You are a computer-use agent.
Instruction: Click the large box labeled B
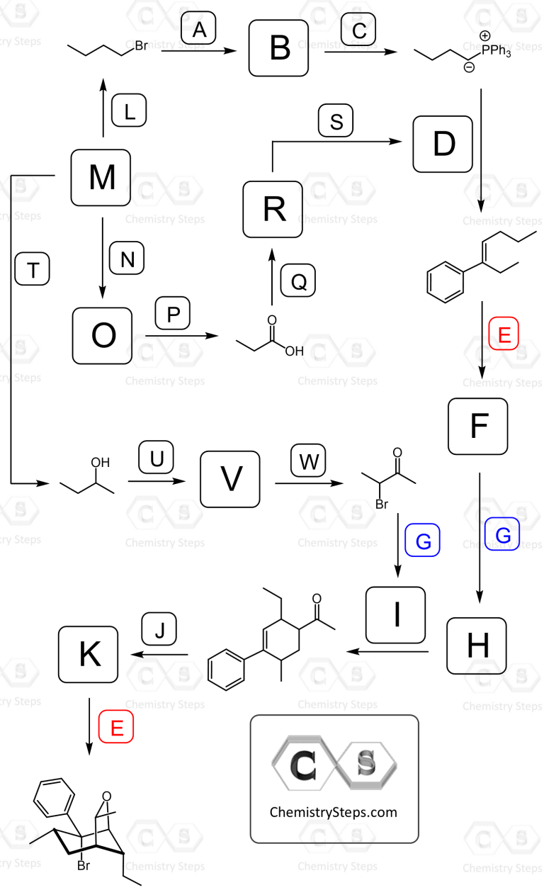279,48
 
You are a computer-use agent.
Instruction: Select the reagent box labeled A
198,28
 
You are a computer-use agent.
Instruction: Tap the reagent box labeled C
358,29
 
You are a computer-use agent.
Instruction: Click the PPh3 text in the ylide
496,51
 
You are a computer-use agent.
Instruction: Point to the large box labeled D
443,145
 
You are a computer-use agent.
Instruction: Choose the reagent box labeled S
336,120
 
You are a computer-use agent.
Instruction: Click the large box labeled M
101,178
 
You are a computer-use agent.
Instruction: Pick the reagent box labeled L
129,111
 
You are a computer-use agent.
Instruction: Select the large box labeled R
273,209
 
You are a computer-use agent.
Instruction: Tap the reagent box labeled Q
298,281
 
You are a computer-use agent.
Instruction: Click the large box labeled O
103,336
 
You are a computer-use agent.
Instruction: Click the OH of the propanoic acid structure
294,351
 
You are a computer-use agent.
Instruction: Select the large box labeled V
230,479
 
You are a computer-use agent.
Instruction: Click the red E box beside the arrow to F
504,333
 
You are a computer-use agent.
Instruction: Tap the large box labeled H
477,646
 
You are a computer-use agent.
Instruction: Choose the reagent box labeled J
159,629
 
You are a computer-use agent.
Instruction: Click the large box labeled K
88,654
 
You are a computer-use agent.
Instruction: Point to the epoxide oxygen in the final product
106,796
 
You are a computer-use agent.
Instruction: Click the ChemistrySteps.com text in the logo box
334,812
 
